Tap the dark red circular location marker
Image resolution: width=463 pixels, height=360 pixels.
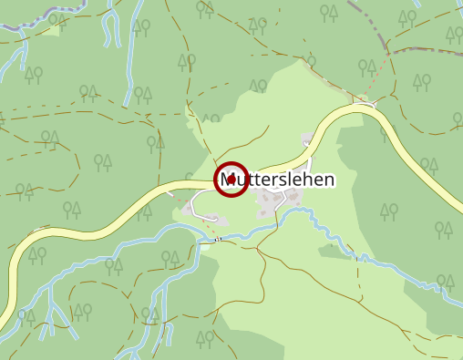(x=231, y=179)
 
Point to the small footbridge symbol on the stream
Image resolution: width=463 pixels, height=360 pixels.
(x=219, y=239)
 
